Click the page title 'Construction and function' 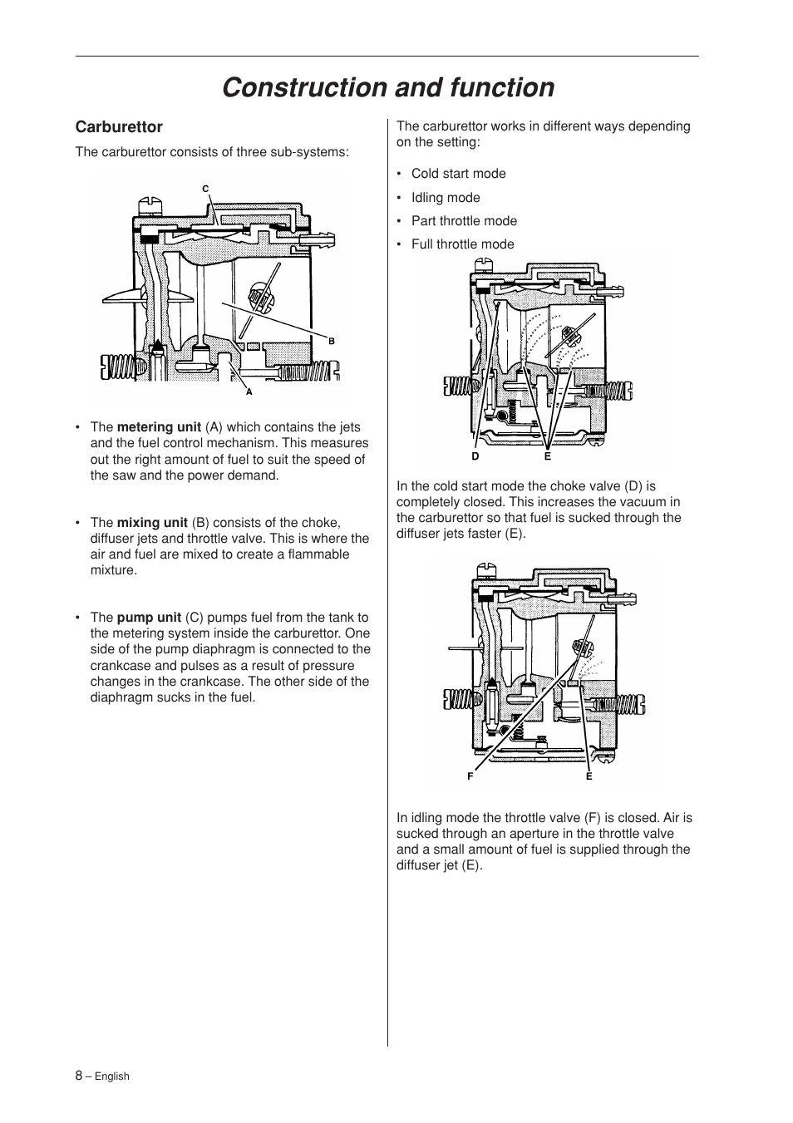[x=388, y=87]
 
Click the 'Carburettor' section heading [x=119, y=127]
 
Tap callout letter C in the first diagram [x=205, y=189]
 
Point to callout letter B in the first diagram [x=331, y=341]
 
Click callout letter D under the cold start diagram [x=475, y=456]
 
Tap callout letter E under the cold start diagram [x=548, y=456]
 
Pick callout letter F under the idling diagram [x=470, y=776]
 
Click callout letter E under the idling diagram [x=589, y=776]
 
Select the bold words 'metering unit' [x=159, y=427]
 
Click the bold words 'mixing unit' [x=152, y=523]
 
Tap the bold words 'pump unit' [x=149, y=618]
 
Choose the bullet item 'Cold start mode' [x=458, y=174]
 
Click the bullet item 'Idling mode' [x=446, y=198]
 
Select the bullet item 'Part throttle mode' [x=464, y=221]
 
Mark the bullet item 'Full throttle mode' [x=462, y=244]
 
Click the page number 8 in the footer [x=79, y=1075]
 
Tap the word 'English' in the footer [x=111, y=1076]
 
